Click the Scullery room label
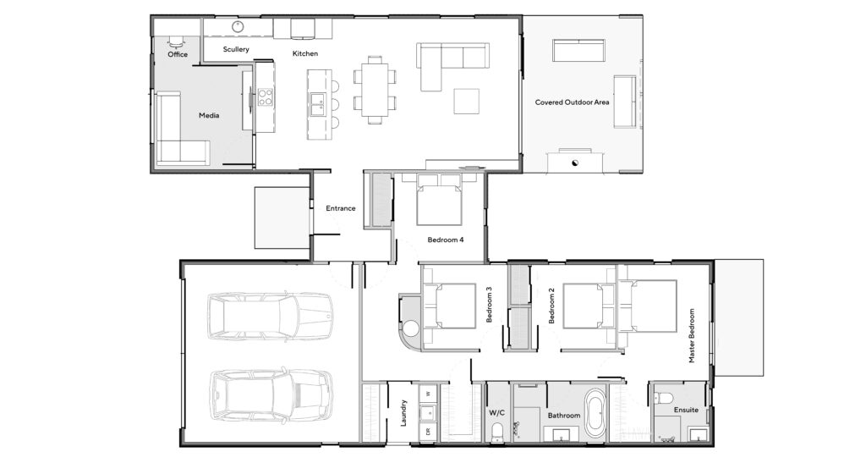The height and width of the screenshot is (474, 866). (x=236, y=49)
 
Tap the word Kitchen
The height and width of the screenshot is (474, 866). (x=304, y=53)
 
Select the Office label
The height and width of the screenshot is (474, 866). (x=178, y=54)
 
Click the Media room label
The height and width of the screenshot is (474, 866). (x=209, y=115)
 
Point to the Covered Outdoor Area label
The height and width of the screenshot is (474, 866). (x=573, y=102)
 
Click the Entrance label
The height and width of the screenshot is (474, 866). (x=340, y=208)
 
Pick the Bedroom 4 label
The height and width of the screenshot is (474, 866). (x=445, y=240)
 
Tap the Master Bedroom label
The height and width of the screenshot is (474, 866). (x=692, y=335)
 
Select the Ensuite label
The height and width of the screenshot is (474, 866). (x=686, y=410)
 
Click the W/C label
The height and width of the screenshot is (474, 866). (x=496, y=413)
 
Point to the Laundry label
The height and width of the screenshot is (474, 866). (x=403, y=413)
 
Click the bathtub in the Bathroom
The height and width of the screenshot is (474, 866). (x=595, y=413)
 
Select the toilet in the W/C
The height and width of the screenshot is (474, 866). (x=497, y=432)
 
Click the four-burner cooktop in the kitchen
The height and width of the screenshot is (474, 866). (x=265, y=97)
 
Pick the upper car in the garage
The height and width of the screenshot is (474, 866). (x=270, y=316)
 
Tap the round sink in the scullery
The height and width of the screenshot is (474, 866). (x=238, y=26)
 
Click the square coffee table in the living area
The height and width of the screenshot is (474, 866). (x=466, y=101)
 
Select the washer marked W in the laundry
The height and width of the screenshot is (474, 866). (x=428, y=394)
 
